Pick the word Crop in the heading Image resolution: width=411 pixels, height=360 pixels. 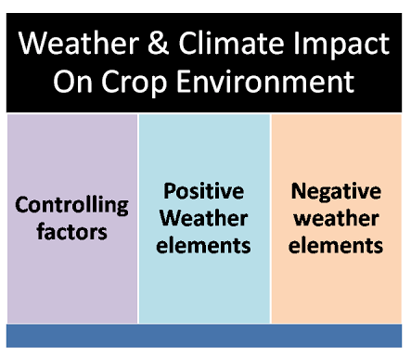(x=137, y=83)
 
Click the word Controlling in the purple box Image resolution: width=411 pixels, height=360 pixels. (x=71, y=205)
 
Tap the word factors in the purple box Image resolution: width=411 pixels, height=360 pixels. (x=71, y=232)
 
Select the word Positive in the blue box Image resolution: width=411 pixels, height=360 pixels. (x=203, y=191)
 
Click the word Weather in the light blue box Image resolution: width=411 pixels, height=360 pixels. (x=204, y=218)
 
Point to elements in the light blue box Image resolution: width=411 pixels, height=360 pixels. (x=204, y=246)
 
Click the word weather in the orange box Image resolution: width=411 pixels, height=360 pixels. (x=336, y=218)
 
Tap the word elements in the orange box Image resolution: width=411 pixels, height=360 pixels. (x=336, y=246)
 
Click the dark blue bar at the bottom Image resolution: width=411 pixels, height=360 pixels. (x=204, y=335)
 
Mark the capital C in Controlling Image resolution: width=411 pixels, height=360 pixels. (x=22, y=205)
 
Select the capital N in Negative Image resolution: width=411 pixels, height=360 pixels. (x=299, y=191)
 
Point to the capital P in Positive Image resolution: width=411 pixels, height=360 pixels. (x=170, y=191)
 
